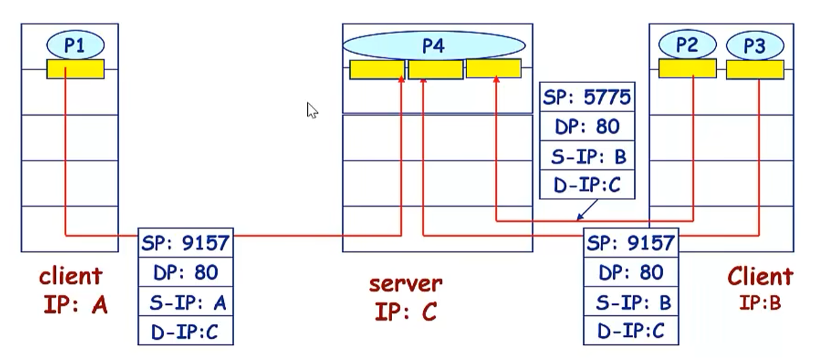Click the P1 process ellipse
click(x=75, y=46)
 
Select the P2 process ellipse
click(x=688, y=46)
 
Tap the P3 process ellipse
click(x=754, y=46)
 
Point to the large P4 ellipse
click(x=434, y=46)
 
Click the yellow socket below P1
click(x=75, y=69)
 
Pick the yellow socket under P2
click(x=688, y=69)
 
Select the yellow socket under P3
click(x=754, y=69)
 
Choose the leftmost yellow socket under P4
click(x=377, y=69)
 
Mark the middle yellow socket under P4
click(x=436, y=69)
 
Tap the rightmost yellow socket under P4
click(x=494, y=68)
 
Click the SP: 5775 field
click(x=587, y=98)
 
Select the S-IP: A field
click(x=185, y=302)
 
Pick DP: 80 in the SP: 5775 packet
click(x=587, y=127)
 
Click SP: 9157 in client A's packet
click(x=185, y=242)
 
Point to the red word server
click(x=406, y=282)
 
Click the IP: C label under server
click(x=406, y=312)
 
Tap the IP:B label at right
click(x=760, y=303)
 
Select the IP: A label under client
click(x=75, y=305)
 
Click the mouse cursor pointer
click(x=312, y=110)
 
